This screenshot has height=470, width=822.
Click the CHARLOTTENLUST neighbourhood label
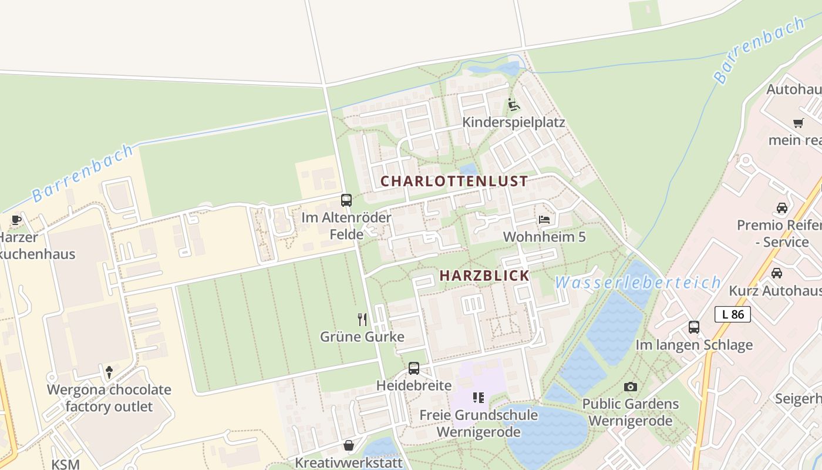(454, 181)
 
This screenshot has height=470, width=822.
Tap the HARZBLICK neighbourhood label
(484, 276)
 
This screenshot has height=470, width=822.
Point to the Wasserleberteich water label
(638, 283)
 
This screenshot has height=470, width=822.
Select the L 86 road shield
(733, 314)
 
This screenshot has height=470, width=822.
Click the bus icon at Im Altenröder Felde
(346, 200)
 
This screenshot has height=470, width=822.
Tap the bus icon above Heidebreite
(414, 368)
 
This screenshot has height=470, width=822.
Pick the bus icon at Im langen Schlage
(694, 327)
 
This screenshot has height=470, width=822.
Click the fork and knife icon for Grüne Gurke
(362, 320)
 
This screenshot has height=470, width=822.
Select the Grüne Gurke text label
(362, 337)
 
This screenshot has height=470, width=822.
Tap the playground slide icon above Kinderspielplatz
(514, 105)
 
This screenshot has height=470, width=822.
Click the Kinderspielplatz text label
(514, 122)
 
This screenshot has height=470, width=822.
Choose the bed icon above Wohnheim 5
(544, 220)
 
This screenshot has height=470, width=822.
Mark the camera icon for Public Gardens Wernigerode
(631, 387)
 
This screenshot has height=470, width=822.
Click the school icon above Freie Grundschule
(479, 398)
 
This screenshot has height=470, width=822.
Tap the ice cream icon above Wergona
(109, 372)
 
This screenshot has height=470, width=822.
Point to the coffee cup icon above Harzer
(16, 220)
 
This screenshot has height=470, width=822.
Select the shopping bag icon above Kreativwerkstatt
(349, 445)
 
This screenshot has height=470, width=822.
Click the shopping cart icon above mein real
(798, 123)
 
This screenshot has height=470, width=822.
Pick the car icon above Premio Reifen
(782, 207)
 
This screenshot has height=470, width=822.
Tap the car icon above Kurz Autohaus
(776, 273)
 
